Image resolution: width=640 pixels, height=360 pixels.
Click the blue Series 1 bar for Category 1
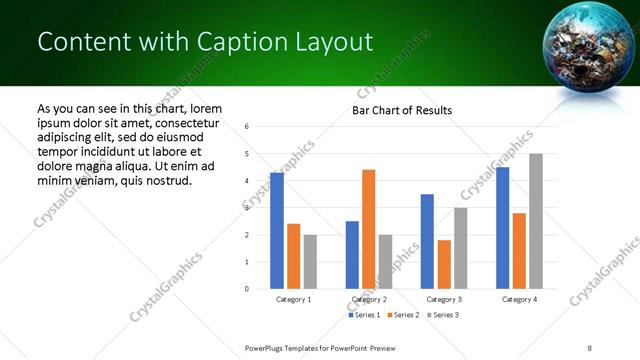(x=277, y=231)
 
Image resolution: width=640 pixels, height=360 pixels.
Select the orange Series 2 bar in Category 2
(x=368, y=229)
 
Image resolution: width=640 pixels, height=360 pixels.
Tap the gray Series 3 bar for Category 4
(x=536, y=221)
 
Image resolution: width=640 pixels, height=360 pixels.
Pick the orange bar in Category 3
(x=444, y=264)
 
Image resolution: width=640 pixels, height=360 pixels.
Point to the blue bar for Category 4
(x=502, y=228)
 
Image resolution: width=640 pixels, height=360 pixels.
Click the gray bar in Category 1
(x=310, y=262)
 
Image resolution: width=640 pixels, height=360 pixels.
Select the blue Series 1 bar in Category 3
(x=427, y=241)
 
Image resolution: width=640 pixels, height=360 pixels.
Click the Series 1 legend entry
(x=365, y=315)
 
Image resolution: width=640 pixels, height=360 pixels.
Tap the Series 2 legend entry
(x=403, y=315)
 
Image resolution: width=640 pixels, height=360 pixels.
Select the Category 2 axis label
(x=369, y=299)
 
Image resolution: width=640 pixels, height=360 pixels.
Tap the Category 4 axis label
(x=519, y=299)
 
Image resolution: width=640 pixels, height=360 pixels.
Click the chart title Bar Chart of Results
(x=401, y=110)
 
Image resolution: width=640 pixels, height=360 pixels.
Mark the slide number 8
(x=590, y=347)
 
